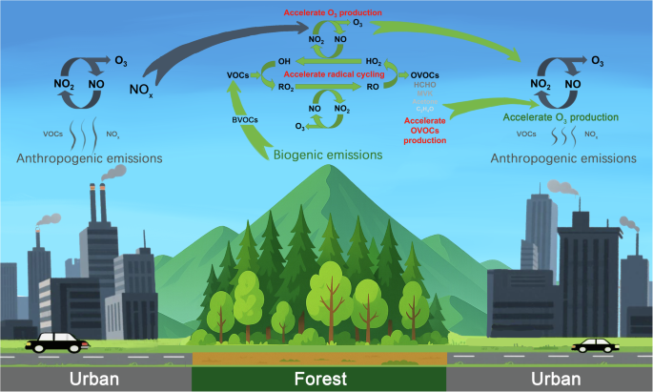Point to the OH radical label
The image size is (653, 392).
coord(285,61)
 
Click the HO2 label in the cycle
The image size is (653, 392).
coord(374,61)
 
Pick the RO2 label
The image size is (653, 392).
coord(285,87)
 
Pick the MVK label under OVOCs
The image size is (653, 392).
coord(423,93)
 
